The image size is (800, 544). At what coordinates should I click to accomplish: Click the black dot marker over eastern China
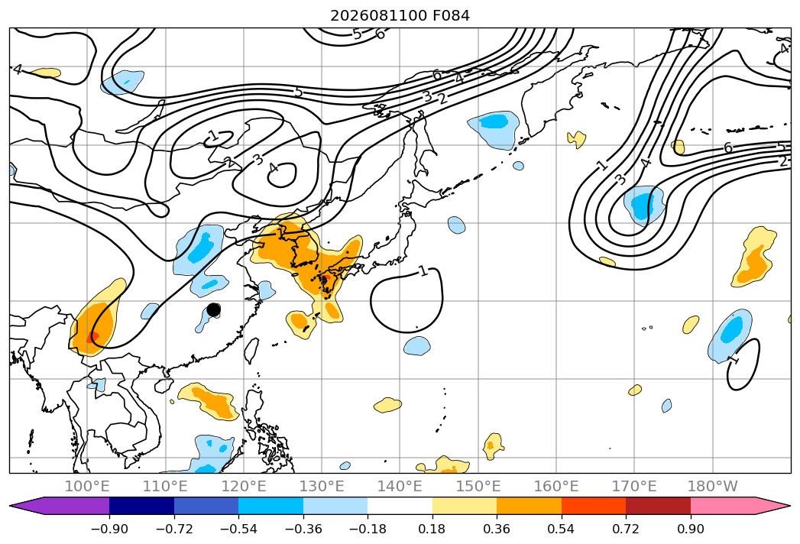[214, 309]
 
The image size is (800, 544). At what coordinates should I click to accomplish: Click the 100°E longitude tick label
[87, 487]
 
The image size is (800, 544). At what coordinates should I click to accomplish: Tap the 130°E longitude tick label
[322, 487]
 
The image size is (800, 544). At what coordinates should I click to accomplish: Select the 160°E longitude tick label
[556, 487]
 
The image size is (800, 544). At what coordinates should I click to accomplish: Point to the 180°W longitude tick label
[712, 487]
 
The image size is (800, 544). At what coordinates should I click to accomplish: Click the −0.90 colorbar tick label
[109, 529]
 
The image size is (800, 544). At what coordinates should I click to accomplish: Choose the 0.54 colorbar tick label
[562, 529]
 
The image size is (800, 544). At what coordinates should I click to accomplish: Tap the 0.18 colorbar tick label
[432, 529]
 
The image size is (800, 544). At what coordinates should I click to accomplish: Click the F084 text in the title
[451, 16]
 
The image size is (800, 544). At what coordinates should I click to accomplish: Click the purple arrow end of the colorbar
[28, 506]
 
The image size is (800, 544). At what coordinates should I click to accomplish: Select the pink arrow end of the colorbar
[772, 506]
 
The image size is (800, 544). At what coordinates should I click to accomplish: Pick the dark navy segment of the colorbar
[142, 506]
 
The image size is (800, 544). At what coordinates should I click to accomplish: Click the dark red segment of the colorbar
[658, 506]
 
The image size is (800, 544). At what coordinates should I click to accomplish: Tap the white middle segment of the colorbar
[400, 506]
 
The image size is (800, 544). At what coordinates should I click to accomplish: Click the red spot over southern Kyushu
[323, 279]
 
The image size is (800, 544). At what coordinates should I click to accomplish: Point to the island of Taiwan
[251, 350]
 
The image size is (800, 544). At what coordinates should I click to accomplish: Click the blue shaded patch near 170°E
[644, 206]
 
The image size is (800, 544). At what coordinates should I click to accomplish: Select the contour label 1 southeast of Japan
[423, 270]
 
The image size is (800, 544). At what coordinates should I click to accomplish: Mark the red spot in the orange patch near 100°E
[93, 337]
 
